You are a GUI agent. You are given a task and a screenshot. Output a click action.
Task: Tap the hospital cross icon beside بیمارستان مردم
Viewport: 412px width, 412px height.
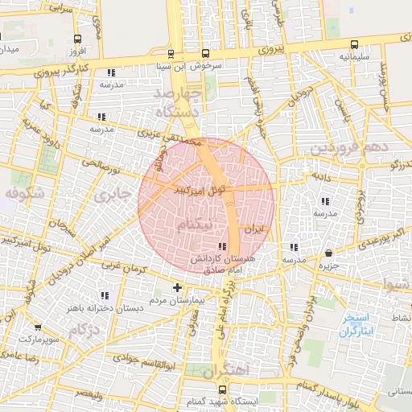click(x=177, y=287)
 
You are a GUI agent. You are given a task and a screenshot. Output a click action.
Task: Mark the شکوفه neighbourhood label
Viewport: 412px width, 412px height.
click(x=21, y=194)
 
